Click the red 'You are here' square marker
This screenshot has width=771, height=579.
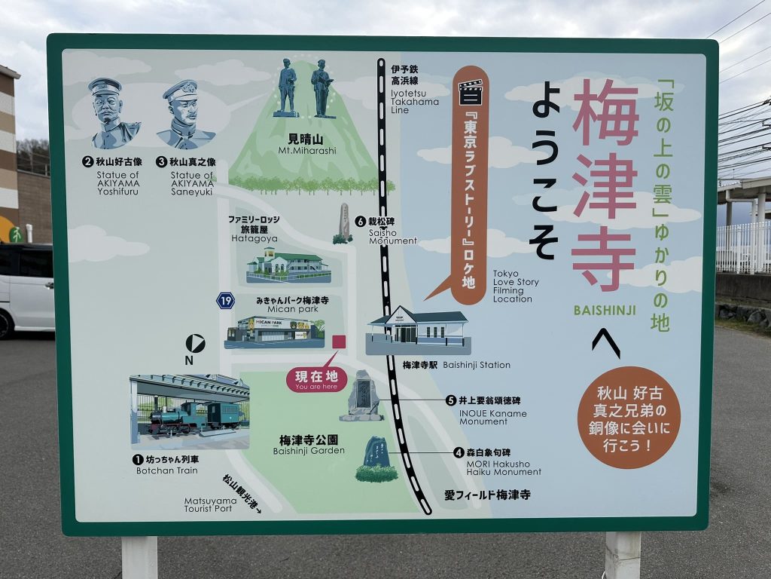click(339, 342)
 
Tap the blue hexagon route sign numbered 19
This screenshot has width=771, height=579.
click(225, 301)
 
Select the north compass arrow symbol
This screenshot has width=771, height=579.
click(195, 344)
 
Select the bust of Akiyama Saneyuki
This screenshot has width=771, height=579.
click(184, 115)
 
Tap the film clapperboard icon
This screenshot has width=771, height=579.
click(471, 91)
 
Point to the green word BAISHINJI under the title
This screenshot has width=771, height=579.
click(605, 310)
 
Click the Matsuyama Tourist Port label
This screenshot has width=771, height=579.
click(213, 504)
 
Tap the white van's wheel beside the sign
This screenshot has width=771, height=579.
click(6, 323)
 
